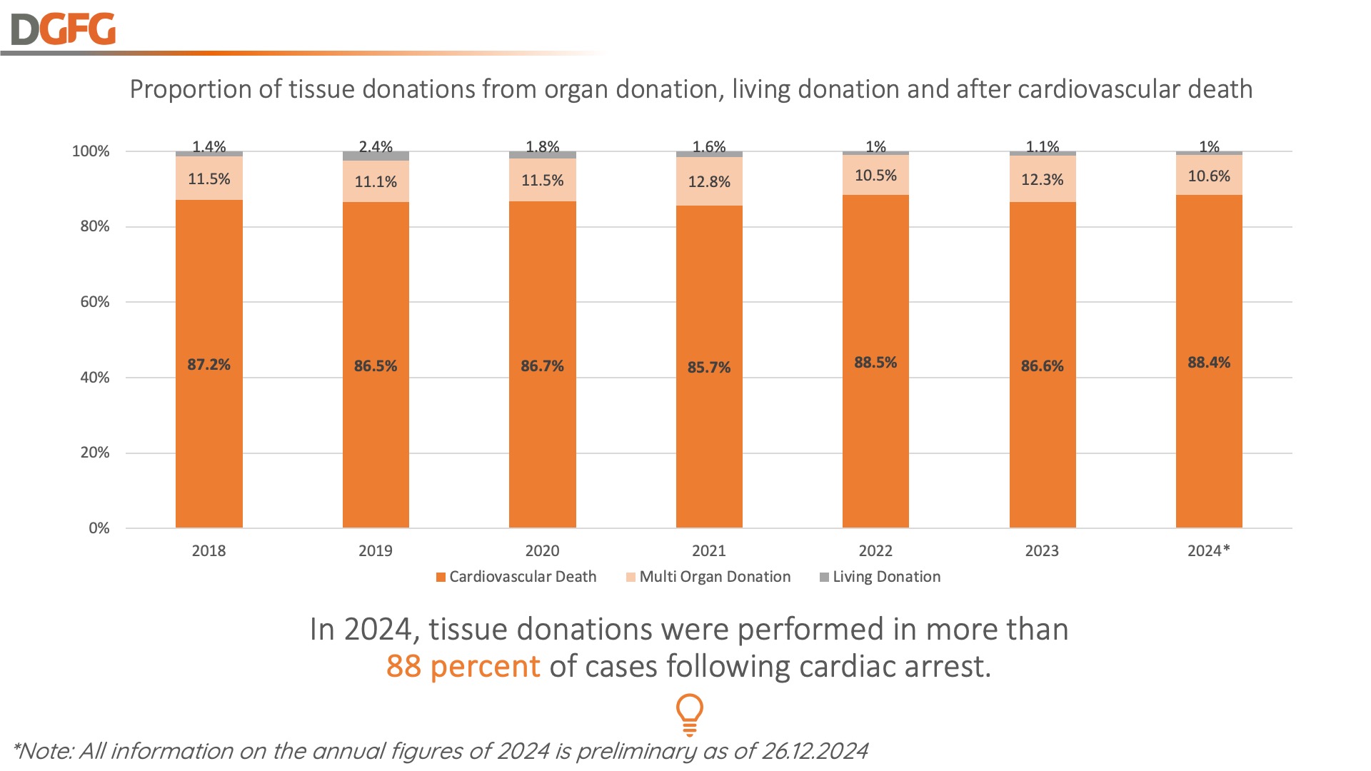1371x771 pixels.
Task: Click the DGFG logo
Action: [64, 29]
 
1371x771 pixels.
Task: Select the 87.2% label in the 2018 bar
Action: [209, 365]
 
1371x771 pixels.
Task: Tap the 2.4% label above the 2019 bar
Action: [376, 147]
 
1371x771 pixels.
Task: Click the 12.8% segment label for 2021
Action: [709, 182]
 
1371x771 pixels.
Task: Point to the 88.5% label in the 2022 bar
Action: [875, 363]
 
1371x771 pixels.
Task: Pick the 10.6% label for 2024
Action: [1209, 176]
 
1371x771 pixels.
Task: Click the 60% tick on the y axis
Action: [95, 302]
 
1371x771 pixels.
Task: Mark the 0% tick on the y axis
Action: [99, 528]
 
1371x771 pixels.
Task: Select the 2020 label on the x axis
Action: [542, 551]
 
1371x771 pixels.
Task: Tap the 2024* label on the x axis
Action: [1208, 551]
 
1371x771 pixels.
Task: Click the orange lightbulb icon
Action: [689, 714]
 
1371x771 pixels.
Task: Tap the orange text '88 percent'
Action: [463, 667]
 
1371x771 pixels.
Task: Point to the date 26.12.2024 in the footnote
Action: [815, 751]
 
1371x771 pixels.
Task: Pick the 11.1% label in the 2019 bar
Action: [376, 182]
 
